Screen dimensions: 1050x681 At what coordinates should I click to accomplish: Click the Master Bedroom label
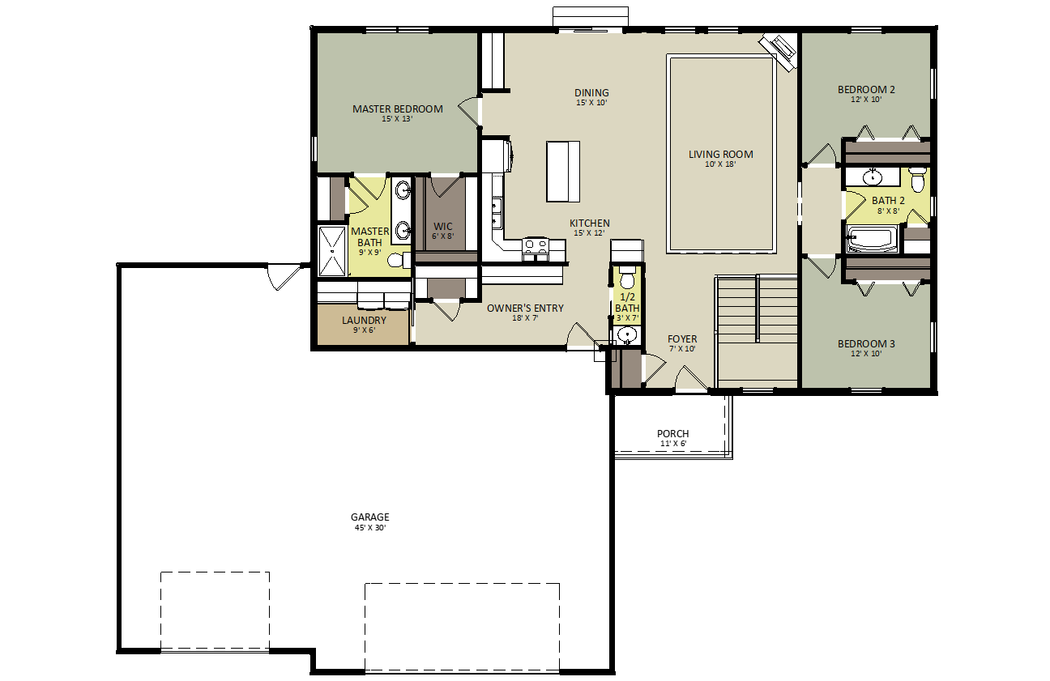[398, 109]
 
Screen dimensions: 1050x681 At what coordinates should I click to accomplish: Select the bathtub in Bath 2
[872, 239]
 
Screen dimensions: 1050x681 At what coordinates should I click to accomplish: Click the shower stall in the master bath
[332, 251]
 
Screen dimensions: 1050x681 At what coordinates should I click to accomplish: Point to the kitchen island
[562, 172]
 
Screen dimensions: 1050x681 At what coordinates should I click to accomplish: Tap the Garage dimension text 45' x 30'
[370, 527]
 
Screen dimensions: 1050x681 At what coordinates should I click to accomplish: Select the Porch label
[673, 434]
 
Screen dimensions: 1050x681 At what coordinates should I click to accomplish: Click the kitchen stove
[536, 249]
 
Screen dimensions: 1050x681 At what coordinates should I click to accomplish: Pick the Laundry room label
[365, 321]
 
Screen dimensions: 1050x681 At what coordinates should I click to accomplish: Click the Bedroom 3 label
[866, 344]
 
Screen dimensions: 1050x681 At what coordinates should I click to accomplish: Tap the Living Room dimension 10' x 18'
[720, 164]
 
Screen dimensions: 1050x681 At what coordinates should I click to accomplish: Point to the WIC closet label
[443, 227]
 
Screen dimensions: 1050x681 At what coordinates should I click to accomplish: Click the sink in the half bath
[627, 334]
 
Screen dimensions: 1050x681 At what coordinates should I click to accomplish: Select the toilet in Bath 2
[918, 180]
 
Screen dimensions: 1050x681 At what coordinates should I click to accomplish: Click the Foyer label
[682, 338]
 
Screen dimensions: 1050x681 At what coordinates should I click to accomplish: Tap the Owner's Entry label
[525, 309]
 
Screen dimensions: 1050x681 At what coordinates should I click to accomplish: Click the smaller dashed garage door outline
[216, 611]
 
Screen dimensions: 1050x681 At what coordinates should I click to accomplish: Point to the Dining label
[591, 93]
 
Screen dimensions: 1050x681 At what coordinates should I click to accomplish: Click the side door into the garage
[284, 275]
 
